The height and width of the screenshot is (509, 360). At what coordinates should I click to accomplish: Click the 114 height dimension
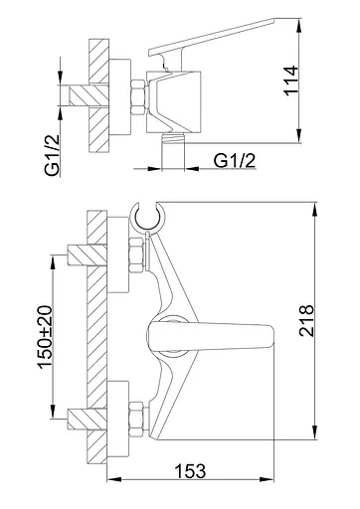coord(291,82)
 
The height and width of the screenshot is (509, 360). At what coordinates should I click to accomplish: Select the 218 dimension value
coord(306,320)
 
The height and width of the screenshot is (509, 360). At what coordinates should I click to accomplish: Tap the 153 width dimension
coord(190,471)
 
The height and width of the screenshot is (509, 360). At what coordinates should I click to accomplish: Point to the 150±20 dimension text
coord(45,337)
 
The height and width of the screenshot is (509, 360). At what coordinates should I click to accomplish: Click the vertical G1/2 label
coord(52,155)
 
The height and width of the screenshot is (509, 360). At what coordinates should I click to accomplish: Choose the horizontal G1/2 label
coord(235,161)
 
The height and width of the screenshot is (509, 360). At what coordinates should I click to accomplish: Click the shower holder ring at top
coord(147,217)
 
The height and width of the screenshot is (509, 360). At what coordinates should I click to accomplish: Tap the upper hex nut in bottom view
coord(136,255)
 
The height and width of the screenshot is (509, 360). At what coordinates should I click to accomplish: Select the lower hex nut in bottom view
coord(136,419)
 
